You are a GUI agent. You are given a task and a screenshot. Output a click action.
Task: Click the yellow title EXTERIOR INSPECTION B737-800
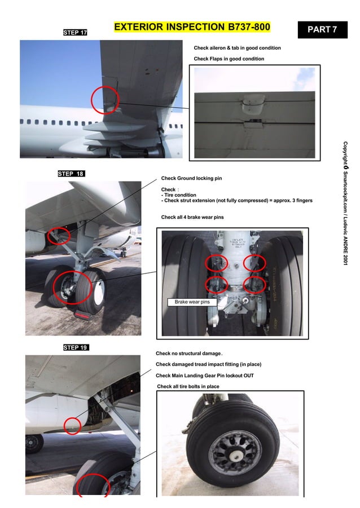coord(192,27)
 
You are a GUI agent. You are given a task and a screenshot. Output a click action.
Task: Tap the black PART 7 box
coord(322,29)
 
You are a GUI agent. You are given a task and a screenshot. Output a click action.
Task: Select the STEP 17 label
coord(74,33)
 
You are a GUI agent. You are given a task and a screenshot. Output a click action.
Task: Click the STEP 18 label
coord(71,174)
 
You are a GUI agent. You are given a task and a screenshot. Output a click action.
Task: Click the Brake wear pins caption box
coord(192,302)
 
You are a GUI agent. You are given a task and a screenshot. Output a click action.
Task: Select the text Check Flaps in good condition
coord(229,59)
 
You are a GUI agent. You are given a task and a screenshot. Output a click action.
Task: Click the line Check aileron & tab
coord(237,48)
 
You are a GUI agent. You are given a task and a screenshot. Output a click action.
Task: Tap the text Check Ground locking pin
coord(191,178)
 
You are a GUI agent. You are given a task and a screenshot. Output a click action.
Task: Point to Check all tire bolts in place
coord(188,386)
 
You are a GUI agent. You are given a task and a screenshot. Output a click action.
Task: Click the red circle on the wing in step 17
coord(106,100)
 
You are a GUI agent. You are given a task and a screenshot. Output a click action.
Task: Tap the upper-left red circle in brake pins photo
coord(216,262)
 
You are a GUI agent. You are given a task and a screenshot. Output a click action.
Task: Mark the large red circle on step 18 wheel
coord(72,288)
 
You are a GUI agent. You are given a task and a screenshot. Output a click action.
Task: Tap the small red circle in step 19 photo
coord(72,426)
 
